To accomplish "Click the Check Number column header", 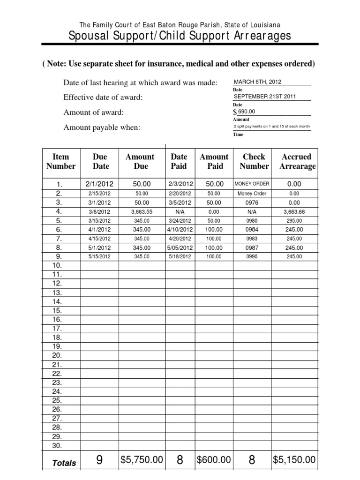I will pos(254,161).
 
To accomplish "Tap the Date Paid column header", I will pos(179,161).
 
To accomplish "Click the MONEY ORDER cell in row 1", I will pos(252,184).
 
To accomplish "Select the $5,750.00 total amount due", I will pos(142,460).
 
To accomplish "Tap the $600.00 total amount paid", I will pos(214,460).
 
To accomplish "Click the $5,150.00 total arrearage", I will pos(294,460).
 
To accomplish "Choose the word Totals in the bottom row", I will pos(64,463).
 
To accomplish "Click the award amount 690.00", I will pos(247,112).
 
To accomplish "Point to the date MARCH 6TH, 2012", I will pos(257,82).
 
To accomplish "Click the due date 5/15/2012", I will pos(99,257).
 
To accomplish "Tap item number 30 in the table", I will pos(57,445).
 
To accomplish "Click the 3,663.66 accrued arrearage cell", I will pos(294,211).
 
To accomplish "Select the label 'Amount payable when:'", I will pos(102,127).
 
